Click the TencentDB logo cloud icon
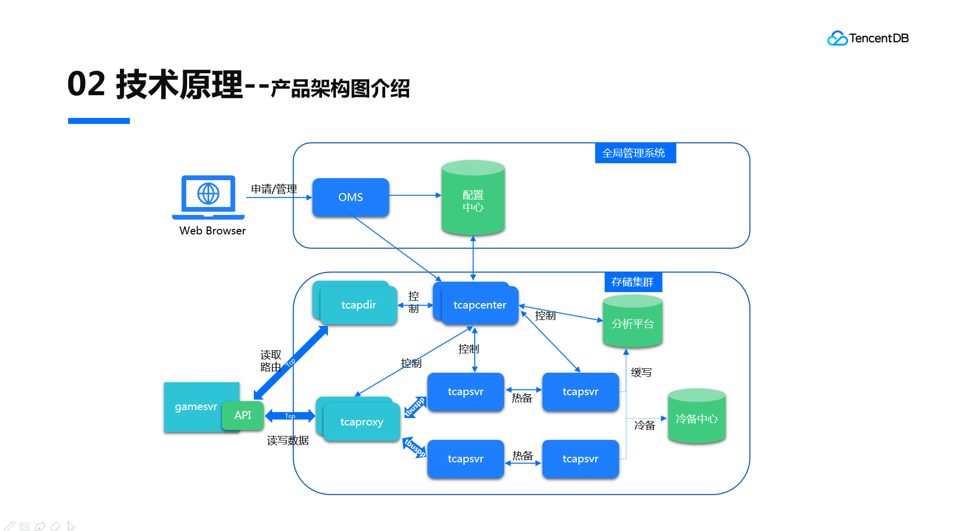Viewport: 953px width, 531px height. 837,38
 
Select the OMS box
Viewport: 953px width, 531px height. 350,197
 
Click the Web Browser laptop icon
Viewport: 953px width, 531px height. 208,197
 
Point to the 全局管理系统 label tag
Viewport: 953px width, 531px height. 635,153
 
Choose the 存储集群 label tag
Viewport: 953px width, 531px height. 633,282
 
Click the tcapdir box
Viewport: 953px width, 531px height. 358,305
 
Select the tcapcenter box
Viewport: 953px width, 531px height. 479,305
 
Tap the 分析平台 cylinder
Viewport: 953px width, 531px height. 632,323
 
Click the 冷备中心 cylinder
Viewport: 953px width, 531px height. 696,419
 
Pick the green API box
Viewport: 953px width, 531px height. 242,415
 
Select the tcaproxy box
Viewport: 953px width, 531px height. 361,422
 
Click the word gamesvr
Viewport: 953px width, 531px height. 196,407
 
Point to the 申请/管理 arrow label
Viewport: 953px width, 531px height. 274,189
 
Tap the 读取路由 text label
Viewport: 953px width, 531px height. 271,361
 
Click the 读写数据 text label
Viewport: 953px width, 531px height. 288,440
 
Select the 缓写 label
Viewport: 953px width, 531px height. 641,372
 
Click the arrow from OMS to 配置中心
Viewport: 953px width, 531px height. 415,195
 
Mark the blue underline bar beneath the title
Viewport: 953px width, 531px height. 99,121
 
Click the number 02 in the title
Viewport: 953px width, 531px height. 86,84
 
